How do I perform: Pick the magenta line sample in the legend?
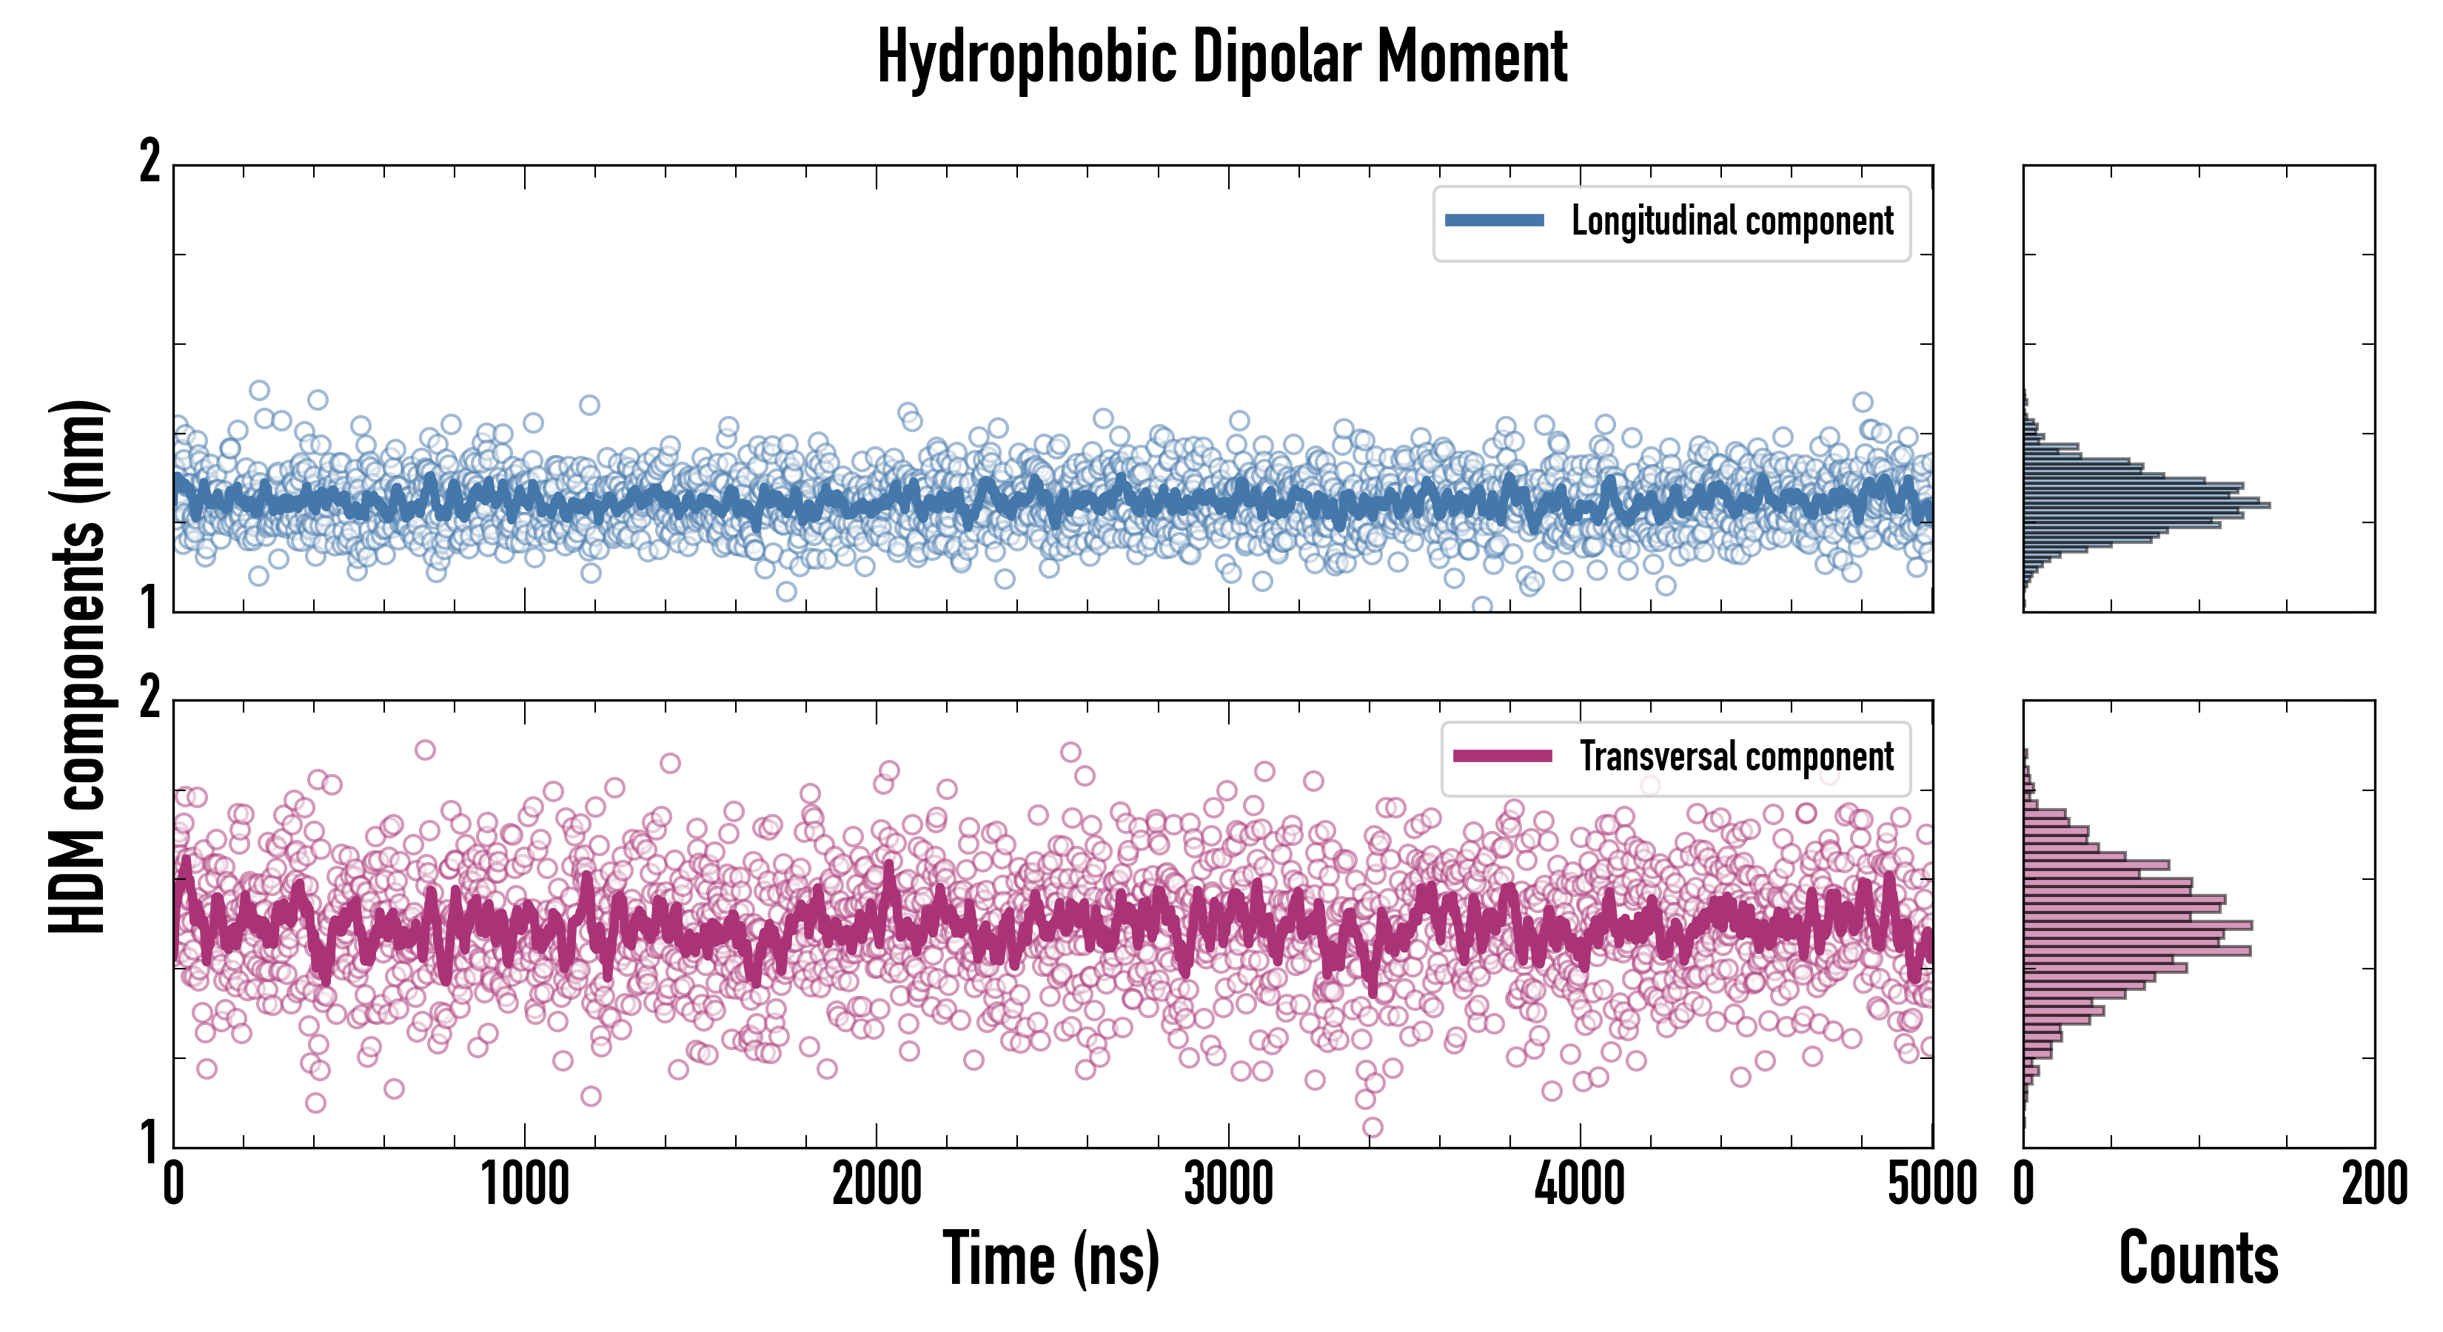(x=1502, y=756)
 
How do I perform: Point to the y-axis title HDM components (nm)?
(x=78, y=667)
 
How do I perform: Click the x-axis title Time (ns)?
(x=1050, y=1259)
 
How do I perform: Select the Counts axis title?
(x=2198, y=1259)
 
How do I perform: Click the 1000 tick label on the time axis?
(x=524, y=1185)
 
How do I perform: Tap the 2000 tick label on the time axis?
(x=877, y=1185)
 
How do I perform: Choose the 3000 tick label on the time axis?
(x=1228, y=1185)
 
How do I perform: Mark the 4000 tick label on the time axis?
(x=1580, y=1185)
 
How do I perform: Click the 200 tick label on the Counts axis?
(x=2373, y=1185)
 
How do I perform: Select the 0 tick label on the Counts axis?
(x=2024, y=1185)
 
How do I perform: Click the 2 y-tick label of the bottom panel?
(x=150, y=699)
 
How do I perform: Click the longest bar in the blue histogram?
(x=2146, y=505)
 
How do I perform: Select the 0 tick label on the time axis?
(x=173, y=1185)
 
